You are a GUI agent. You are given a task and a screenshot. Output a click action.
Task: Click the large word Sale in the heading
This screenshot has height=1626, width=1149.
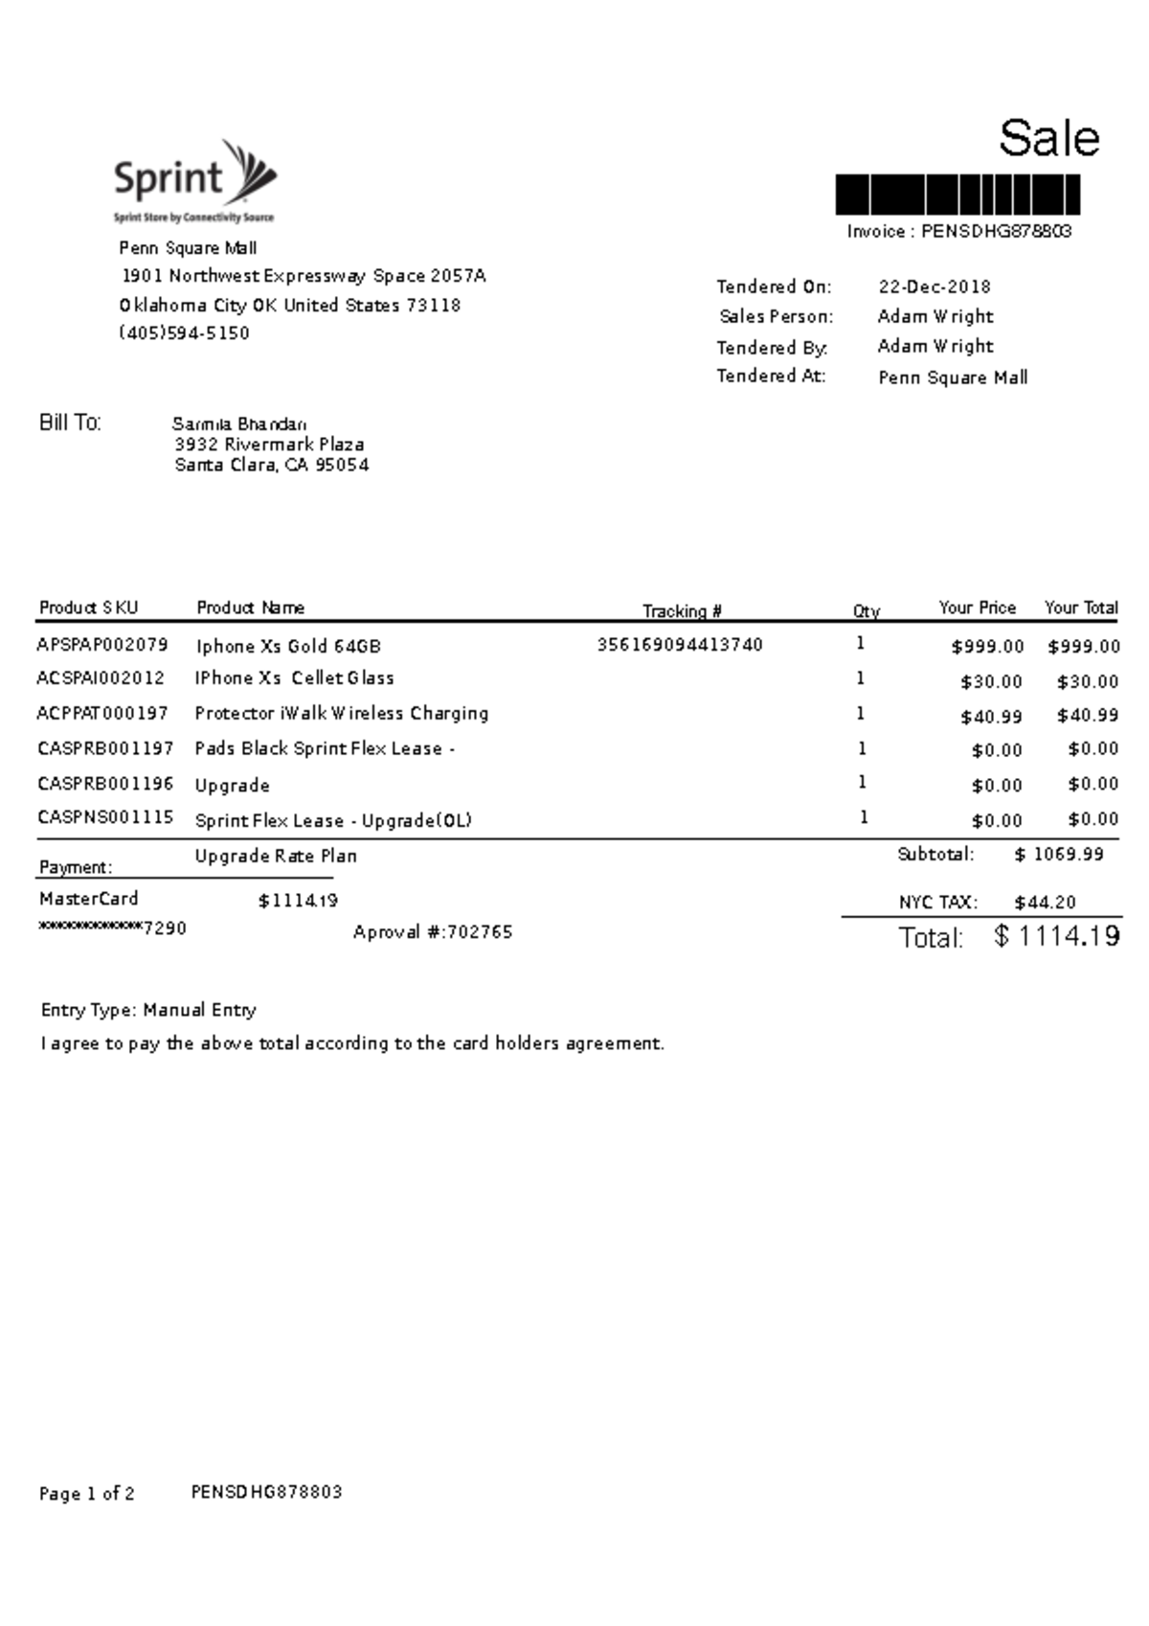(x=1048, y=139)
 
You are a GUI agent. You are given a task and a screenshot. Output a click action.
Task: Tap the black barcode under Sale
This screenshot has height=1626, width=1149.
(x=957, y=195)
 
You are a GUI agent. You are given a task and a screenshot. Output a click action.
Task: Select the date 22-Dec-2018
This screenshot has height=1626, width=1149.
(x=935, y=287)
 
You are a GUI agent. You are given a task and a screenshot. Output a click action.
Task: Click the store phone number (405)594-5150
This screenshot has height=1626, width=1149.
(x=184, y=333)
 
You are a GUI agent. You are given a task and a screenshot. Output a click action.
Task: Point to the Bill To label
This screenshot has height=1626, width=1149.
(x=70, y=424)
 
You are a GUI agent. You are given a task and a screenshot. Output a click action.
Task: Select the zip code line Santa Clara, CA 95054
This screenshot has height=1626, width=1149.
(x=272, y=466)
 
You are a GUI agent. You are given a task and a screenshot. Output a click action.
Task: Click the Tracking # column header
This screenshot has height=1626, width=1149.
(x=682, y=611)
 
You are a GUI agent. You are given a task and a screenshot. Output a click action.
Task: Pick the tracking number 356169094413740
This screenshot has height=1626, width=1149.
(x=680, y=645)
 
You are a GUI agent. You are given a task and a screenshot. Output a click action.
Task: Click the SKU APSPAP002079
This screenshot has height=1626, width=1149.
(x=102, y=645)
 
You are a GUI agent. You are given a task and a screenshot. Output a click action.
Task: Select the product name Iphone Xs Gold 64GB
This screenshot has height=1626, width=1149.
(x=288, y=647)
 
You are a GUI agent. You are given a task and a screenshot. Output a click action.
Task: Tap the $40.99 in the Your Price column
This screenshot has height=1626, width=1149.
(x=991, y=717)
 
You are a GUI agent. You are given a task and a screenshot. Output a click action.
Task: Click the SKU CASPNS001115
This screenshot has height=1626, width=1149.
(x=105, y=817)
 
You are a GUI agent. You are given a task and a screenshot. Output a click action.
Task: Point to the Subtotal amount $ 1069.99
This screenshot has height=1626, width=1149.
(x=1058, y=855)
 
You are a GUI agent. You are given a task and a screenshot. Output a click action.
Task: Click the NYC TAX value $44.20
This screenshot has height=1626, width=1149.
(x=1045, y=903)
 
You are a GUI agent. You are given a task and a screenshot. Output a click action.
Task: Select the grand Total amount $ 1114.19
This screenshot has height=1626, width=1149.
(x=1057, y=936)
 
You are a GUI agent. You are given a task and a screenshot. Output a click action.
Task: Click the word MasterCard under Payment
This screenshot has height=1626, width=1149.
(x=88, y=899)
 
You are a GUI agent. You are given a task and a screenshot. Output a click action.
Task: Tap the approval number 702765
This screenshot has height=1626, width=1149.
(x=480, y=932)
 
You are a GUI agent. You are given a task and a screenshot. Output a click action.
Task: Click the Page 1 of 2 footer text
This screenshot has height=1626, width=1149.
(x=86, y=1494)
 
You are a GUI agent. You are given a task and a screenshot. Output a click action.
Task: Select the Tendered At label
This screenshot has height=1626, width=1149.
(x=771, y=377)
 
